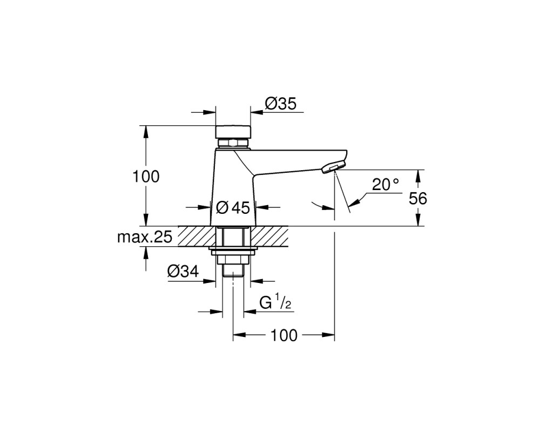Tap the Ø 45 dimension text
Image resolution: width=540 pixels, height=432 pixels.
[233, 207]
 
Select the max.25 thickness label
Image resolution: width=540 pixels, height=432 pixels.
[145, 237]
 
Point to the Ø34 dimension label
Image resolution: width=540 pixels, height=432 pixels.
[183, 272]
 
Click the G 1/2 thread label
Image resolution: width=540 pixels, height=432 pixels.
[275, 303]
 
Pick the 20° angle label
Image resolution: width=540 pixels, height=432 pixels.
[386, 185]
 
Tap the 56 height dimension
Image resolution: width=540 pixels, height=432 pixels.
[418, 198]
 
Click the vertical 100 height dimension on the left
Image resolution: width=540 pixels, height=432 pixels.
[146, 177]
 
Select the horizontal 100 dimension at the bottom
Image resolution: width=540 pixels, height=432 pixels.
[284, 335]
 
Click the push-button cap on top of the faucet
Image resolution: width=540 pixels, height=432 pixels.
[233, 131]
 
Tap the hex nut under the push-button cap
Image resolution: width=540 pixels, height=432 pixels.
[233, 143]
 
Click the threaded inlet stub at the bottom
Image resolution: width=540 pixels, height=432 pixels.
[233, 270]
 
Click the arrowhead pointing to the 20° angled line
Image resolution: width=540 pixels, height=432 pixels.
[355, 203]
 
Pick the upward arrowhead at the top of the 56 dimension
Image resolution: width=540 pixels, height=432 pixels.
[418, 176]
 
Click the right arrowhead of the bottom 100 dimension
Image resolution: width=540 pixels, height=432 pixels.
[328, 334]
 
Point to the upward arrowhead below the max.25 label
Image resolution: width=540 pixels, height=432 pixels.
[146, 253]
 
